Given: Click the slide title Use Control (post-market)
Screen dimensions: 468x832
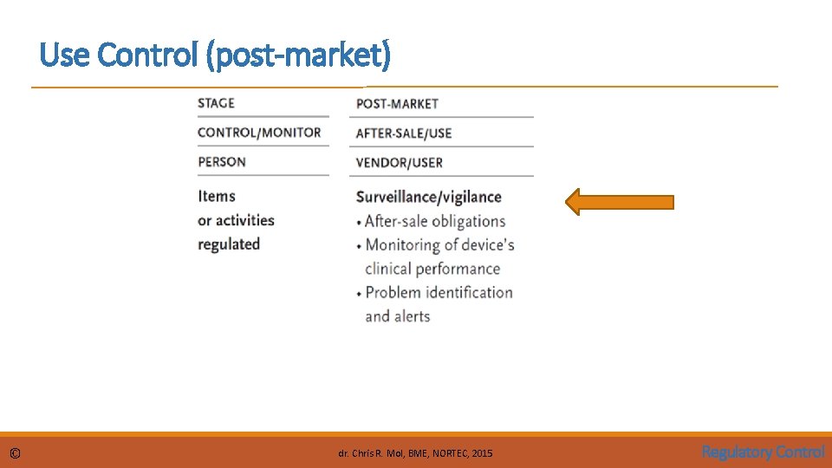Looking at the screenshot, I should (215, 56).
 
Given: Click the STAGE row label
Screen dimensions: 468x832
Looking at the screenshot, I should (216, 103).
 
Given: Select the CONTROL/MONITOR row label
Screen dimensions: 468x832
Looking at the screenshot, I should (259, 133).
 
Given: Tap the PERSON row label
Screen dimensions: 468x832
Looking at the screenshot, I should (222, 162).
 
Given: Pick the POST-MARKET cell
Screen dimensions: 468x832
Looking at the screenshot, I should (397, 104).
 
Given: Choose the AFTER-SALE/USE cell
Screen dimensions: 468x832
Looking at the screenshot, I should (404, 133).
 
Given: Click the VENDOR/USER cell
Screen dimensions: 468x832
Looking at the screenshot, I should (399, 163).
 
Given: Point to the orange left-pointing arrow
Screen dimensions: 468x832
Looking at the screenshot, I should (619, 203).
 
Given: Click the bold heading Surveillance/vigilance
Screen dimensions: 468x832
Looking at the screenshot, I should (428, 197).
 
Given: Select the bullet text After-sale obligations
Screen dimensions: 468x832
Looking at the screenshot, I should (434, 221).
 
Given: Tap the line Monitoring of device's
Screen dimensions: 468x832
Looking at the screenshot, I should (439, 244).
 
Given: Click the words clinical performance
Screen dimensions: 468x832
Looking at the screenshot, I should (432, 269).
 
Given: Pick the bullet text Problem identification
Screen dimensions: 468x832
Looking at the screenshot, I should (439, 292).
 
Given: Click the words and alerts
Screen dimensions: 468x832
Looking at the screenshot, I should (397, 316).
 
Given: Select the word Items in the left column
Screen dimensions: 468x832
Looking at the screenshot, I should (217, 197).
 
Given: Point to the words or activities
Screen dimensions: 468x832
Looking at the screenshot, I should (236, 220).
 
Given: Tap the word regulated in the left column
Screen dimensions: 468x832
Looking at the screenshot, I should (229, 244).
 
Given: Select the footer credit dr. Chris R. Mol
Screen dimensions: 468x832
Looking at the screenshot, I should (414, 453).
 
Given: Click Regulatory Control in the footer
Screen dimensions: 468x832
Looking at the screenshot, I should (763, 452).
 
